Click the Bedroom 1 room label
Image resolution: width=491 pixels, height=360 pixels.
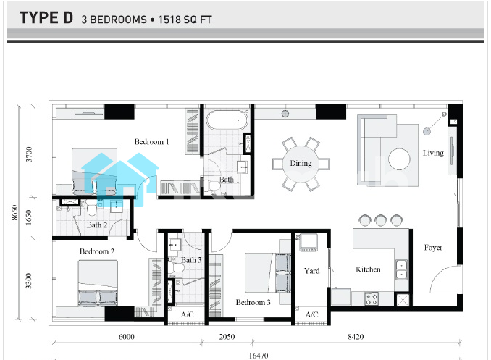[151, 142]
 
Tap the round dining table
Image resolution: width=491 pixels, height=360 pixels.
[301, 164]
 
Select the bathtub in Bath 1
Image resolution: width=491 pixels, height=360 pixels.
[227, 120]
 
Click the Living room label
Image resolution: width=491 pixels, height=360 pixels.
[433, 153]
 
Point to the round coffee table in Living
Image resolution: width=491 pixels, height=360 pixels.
[399, 159]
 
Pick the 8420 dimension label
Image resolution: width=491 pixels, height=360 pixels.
[356, 337]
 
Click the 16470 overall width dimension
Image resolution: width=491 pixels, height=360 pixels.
[259, 356]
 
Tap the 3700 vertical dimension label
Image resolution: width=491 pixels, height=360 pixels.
[29, 154]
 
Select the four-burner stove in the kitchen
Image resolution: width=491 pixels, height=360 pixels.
[372, 298]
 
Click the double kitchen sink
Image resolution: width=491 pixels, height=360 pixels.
[401, 269]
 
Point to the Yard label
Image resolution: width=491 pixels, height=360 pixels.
[312, 271]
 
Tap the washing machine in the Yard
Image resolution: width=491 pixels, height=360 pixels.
[309, 243]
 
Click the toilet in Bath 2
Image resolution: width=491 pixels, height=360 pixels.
[92, 209]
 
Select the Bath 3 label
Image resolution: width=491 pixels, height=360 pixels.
[191, 260]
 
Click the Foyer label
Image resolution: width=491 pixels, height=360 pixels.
[433, 248]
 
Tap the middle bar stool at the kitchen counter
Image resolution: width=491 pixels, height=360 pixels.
[381, 220]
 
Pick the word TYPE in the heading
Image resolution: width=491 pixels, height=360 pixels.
[40, 18]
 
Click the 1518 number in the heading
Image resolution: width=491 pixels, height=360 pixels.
[169, 20]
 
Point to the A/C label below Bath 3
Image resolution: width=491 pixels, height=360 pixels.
[188, 314]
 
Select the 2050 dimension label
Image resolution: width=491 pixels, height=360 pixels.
[227, 337]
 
